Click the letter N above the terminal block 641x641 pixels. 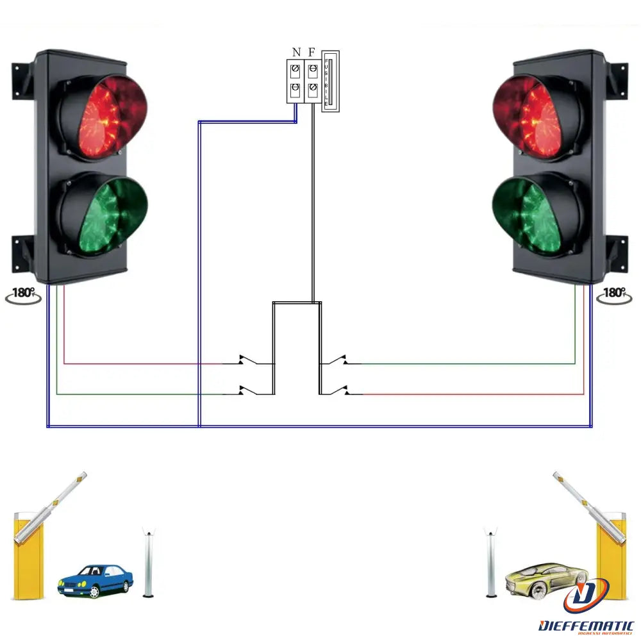point(296,52)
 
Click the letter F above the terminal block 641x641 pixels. point(312,52)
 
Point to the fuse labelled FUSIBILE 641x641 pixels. point(329,81)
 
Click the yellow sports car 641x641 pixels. point(545,578)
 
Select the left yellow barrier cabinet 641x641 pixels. point(28,554)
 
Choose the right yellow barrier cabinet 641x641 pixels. point(612,554)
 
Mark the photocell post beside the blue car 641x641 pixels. point(149,562)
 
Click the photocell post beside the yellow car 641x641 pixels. point(492,562)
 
